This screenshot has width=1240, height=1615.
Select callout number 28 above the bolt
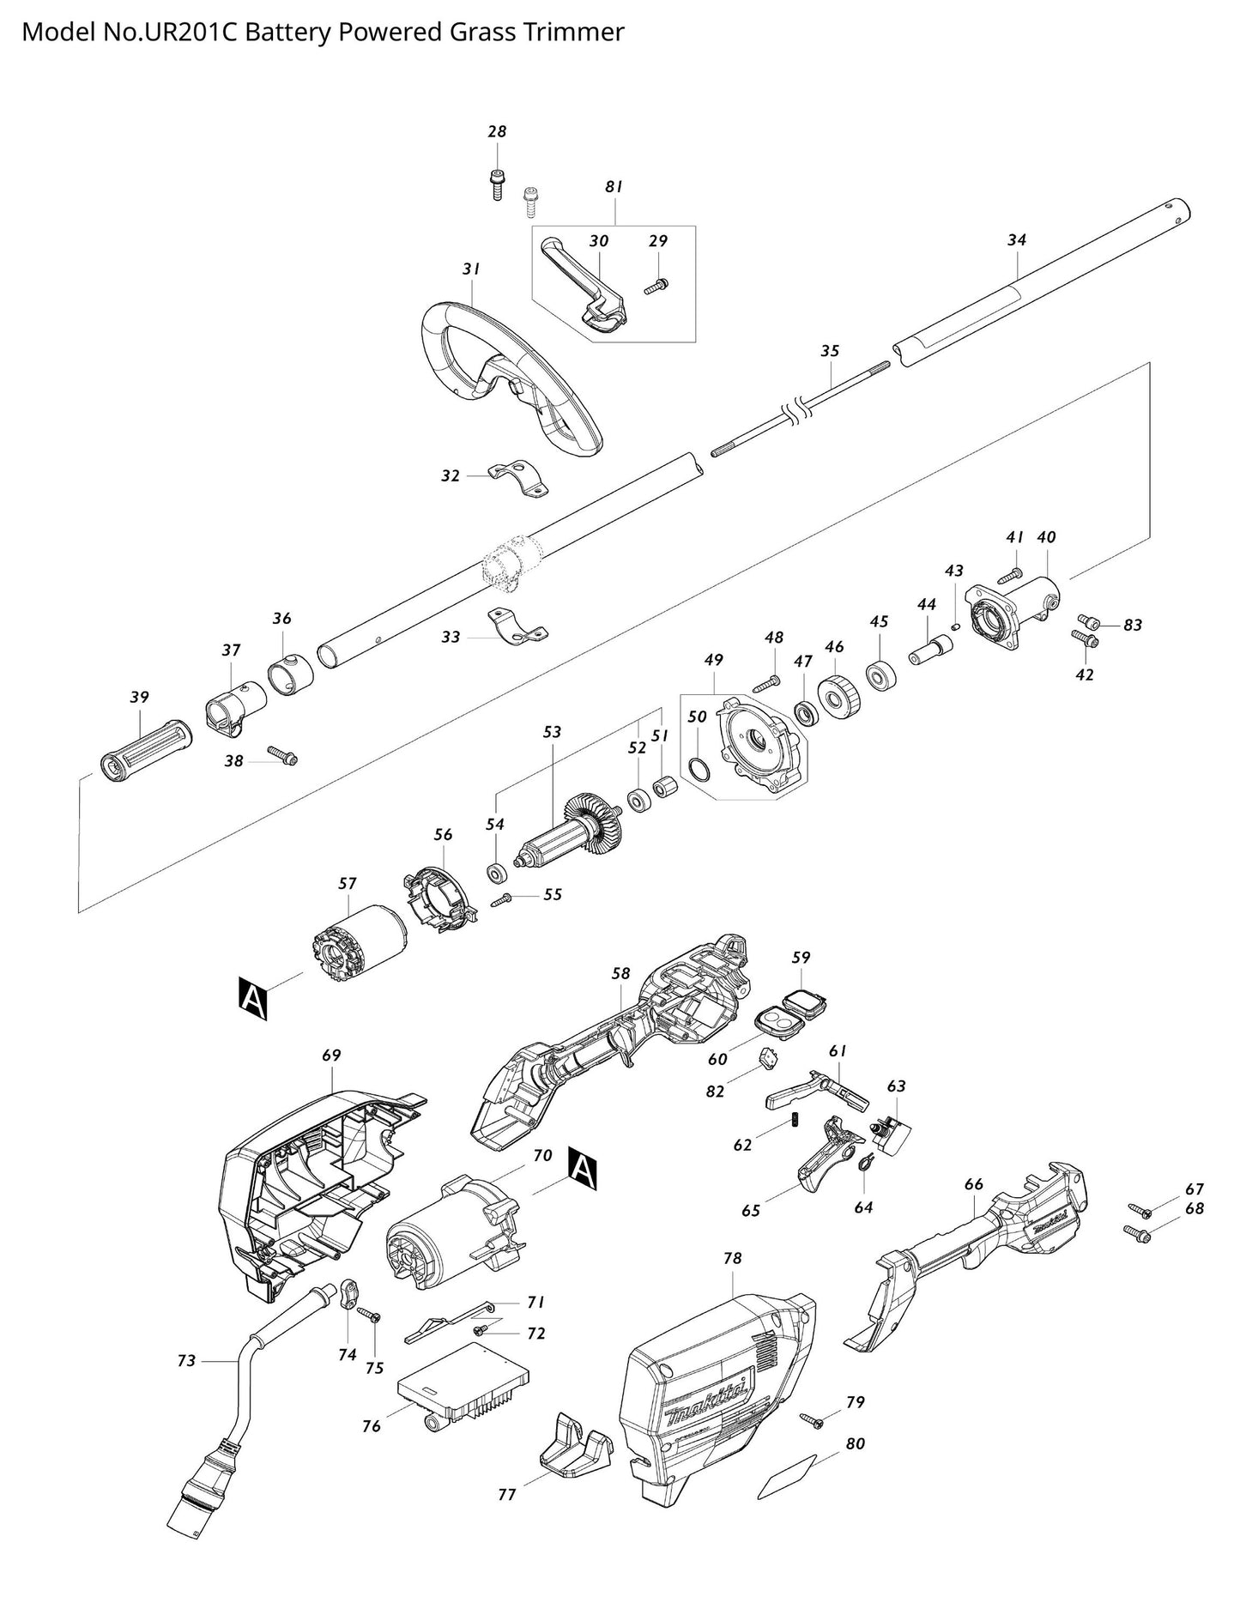(x=497, y=132)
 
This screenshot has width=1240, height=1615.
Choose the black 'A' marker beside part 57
(x=254, y=998)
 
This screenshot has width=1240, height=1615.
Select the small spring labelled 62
(x=794, y=1120)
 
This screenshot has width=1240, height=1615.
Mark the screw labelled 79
(x=811, y=1420)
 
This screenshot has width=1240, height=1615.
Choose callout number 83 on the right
(x=1133, y=626)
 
